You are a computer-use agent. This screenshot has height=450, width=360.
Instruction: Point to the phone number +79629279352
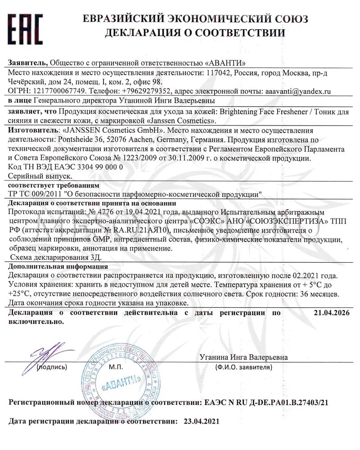tap(146, 90)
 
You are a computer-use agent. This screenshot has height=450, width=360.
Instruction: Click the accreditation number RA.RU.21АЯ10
tap(138, 230)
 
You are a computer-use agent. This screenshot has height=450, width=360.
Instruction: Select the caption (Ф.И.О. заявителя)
tap(243, 367)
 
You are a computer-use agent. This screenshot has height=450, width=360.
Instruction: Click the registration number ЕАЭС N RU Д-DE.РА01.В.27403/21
tap(266, 402)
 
